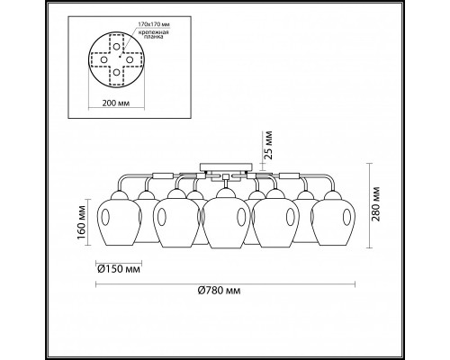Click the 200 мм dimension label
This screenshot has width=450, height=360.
116,103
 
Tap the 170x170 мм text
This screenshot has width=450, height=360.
152,23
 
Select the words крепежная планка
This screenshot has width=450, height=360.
152,34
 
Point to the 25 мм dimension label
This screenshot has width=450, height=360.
268,145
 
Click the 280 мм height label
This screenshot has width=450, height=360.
375,204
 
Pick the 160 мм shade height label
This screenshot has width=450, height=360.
81,222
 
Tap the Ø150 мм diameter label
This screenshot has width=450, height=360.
119,269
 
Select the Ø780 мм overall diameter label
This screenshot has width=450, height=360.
220,291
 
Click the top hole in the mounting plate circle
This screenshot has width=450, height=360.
116,47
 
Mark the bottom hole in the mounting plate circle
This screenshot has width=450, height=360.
116,72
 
